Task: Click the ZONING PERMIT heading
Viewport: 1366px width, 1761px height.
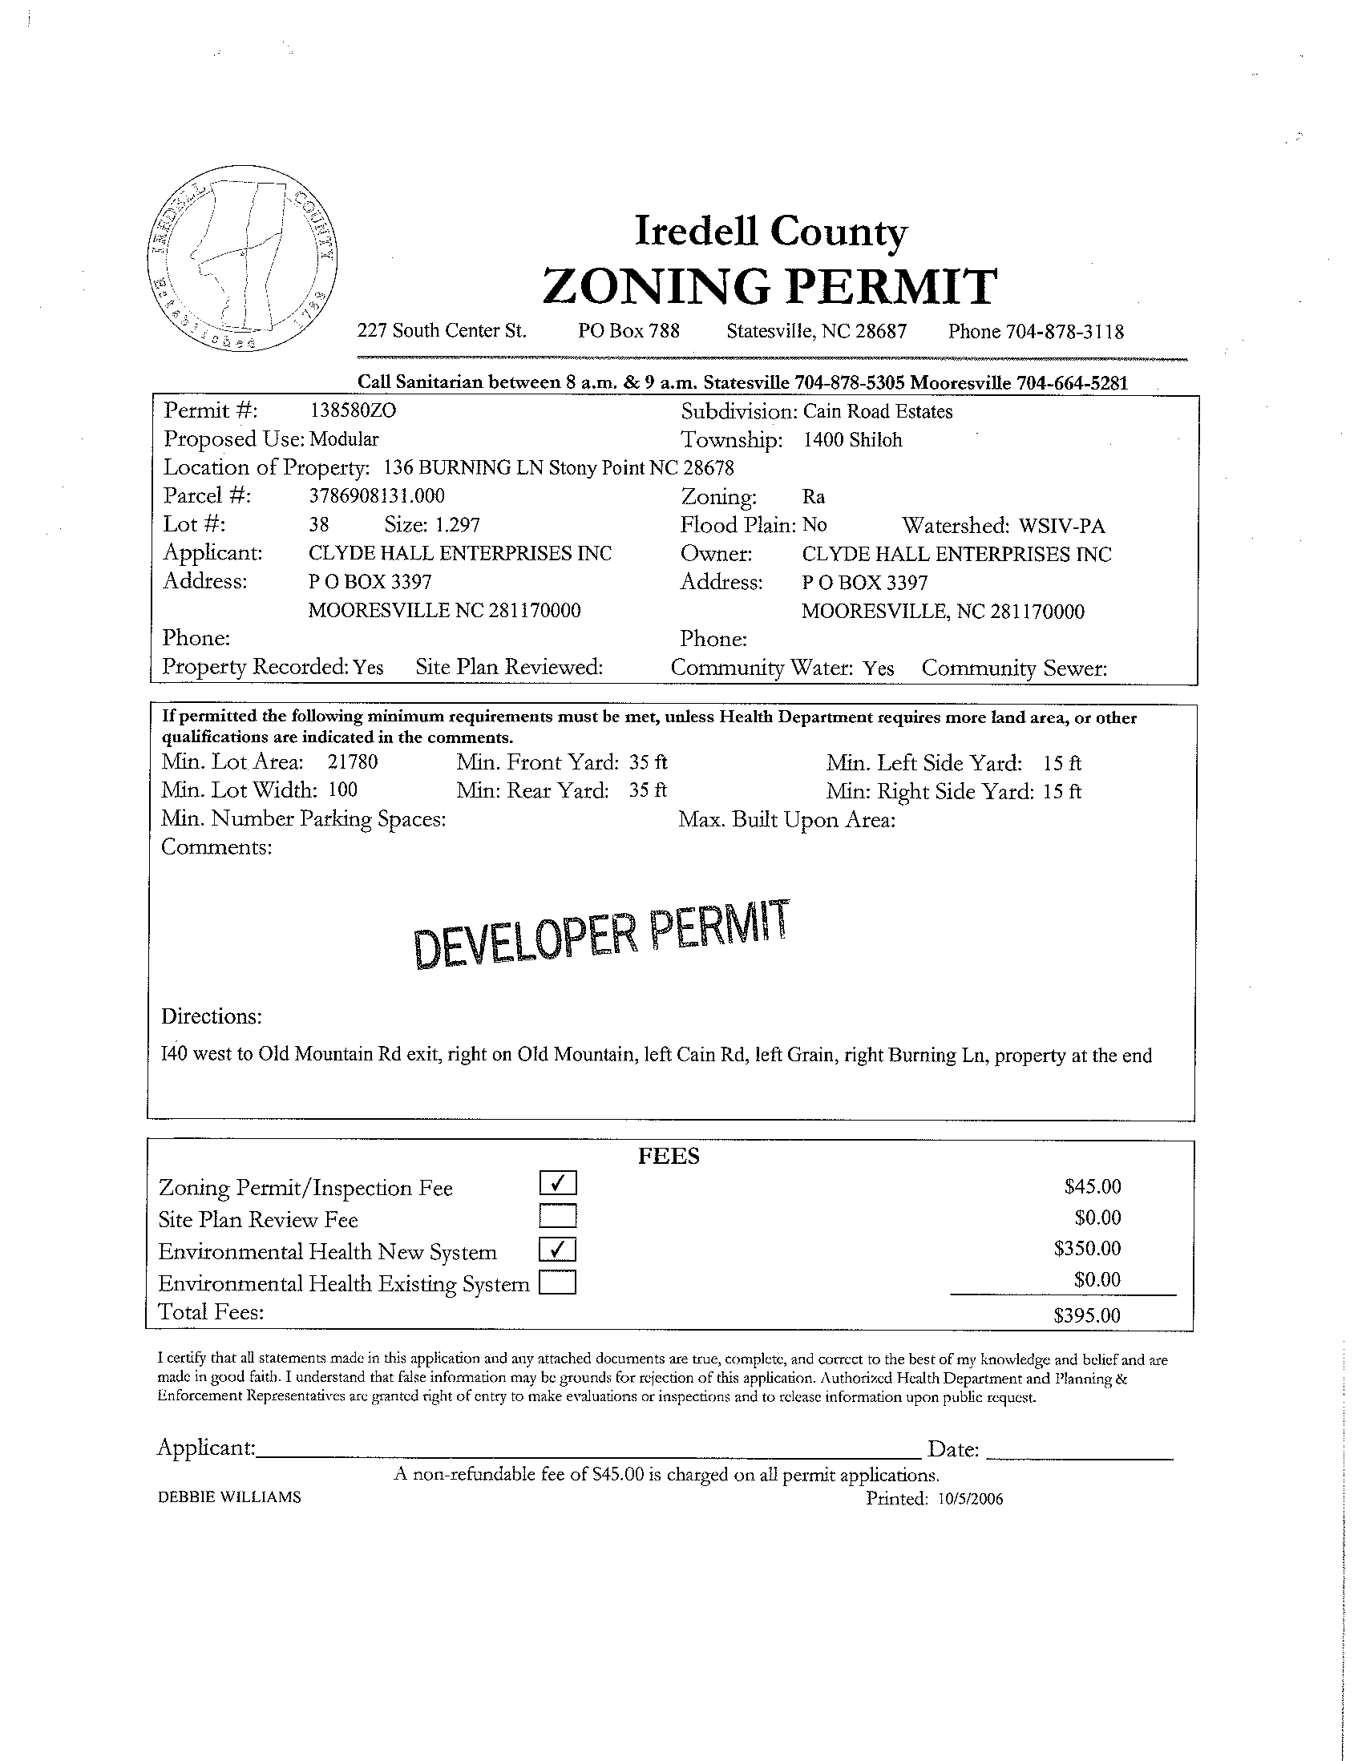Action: point(770,287)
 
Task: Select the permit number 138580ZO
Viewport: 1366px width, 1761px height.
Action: point(354,410)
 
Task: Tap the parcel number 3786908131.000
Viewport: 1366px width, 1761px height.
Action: point(377,495)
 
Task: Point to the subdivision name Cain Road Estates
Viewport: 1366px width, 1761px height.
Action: point(877,411)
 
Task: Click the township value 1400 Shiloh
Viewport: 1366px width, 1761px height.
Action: point(852,440)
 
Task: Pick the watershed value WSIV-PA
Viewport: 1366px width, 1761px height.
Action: point(1062,526)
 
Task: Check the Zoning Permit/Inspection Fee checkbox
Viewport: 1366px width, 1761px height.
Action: point(558,1183)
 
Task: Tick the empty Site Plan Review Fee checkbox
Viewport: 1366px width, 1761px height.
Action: point(558,1215)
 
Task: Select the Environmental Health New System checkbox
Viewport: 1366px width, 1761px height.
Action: point(558,1248)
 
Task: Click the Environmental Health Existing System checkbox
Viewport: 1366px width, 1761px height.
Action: point(558,1281)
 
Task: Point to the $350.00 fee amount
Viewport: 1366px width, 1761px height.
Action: point(1087,1248)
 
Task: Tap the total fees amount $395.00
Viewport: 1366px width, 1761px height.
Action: point(1086,1315)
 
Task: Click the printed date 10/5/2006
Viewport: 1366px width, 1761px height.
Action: point(971,1498)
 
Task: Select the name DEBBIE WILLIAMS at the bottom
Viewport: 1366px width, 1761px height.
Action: point(230,1496)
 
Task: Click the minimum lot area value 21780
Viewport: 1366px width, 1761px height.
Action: point(353,762)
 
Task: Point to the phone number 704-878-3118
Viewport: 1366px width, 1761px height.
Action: point(1065,331)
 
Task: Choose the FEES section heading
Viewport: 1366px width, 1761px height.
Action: point(669,1157)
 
